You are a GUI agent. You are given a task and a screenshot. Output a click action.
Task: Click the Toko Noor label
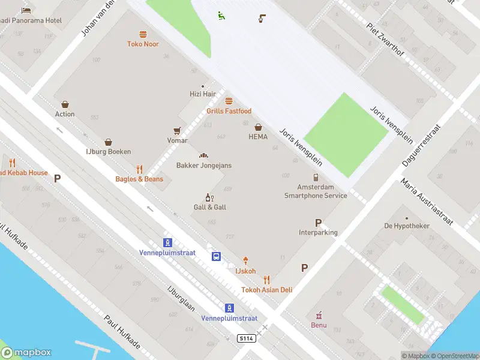[143, 44]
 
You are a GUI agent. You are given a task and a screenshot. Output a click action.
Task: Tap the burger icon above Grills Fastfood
[229, 101]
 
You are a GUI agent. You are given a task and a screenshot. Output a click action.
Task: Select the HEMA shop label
[258, 137]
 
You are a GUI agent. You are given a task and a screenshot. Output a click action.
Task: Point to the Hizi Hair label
[202, 94]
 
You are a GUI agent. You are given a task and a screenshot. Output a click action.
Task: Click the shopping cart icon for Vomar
[177, 130]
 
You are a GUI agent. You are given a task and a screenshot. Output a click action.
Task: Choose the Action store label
[65, 114]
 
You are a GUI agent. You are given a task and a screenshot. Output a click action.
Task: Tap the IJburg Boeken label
[108, 152]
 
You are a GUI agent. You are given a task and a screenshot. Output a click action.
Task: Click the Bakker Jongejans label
[203, 166]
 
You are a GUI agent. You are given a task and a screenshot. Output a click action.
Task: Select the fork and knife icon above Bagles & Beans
[139, 169]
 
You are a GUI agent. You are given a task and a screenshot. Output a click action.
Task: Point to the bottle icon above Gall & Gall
[209, 197]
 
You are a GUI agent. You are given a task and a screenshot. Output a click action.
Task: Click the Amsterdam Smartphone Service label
[316, 191]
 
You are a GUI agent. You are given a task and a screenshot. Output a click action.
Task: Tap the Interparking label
[318, 232]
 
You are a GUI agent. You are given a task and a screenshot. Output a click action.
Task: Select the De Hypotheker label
[407, 226]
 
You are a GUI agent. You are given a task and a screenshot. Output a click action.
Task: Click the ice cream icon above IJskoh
[245, 261]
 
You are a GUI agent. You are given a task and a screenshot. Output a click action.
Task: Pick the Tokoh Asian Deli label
[266, 290]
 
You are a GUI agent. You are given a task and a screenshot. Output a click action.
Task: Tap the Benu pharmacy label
[319, 325]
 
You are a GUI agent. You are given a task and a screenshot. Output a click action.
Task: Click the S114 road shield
[246, 339]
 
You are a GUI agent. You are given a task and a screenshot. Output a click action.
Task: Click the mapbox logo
[26, 353]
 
